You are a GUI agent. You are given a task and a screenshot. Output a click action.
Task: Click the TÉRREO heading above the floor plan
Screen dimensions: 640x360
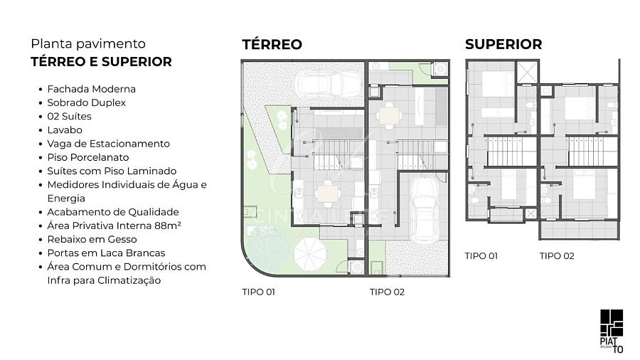tap(272, 44)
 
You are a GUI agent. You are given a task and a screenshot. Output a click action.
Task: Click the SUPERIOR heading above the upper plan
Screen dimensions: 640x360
tap(503, 44)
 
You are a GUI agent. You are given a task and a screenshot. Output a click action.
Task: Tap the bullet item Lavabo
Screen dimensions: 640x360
tap(65, 129)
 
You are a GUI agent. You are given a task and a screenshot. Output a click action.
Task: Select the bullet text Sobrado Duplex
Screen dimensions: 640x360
tap(87, 102)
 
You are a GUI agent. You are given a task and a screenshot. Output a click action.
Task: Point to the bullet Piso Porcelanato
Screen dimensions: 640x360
tap(88, 157)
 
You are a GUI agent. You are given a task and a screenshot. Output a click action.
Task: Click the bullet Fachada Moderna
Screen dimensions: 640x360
tap(92, 89)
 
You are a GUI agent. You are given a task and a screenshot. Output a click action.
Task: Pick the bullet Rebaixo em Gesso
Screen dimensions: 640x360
tap(92, 239)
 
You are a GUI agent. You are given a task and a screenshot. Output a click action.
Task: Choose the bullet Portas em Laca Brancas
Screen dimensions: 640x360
tap(106, 253)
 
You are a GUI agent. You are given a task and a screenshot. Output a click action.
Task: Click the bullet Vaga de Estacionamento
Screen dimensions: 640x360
tap(109, 144)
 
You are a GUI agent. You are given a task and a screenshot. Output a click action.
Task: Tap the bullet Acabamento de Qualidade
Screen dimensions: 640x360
tap(113, 212)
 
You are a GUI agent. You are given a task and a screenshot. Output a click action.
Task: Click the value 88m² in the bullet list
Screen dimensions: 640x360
tap(168, 226)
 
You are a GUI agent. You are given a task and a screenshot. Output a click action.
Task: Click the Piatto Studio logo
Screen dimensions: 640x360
tap(612, 331)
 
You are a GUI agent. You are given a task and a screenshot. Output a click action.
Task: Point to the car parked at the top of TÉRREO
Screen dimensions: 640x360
tap(328, 84)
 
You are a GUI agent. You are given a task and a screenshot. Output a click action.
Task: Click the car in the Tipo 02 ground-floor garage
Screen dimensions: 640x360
tap(424, 211)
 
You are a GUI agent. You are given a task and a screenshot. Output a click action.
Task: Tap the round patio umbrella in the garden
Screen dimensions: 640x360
tap(311, 254)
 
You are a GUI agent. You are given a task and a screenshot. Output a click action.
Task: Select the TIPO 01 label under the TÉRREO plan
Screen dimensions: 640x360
tap(258, 292)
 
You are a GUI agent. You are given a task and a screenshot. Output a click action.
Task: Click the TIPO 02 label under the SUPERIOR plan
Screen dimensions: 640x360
tap(557, 256)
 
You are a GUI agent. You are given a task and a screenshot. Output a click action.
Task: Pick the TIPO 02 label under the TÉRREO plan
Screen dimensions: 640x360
tap(387, 292)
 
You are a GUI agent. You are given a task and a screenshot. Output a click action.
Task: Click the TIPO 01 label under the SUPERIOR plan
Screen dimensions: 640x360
tap(481, 256)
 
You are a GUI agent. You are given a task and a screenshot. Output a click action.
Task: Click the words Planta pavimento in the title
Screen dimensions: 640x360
tap(88, 43)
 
